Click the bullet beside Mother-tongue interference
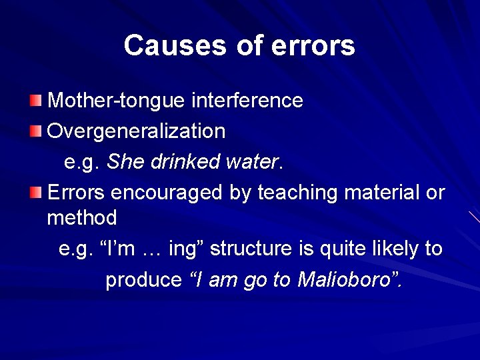pyautogui.click(x=35, y=101)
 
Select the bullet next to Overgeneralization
pyautogui.click(x=35, y=131)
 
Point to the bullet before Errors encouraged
pyautogui.click(x=35, y=193)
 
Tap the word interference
pyautogui.click(x=247, y=101)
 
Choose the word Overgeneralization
pyautogui.click(x=137, y=131)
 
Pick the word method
pyautogui.click(x=82, y=217)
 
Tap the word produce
pyautogui.click(x=143, y=279)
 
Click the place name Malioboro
pyautogui.click(x=346, y=279)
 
